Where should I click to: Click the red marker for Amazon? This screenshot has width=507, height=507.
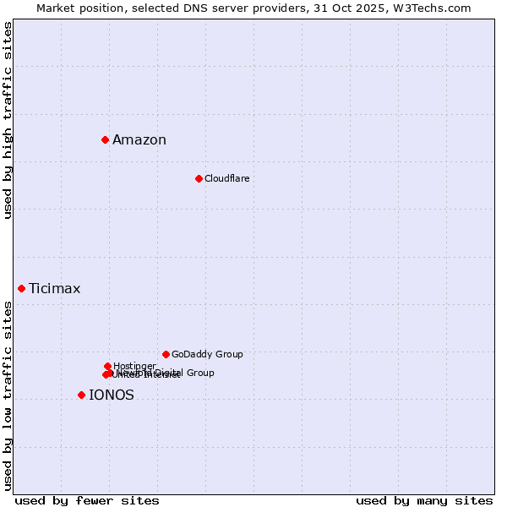coord(105,139)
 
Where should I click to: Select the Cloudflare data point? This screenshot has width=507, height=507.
coord(199,178)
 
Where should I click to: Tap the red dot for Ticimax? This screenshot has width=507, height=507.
coord(21,288)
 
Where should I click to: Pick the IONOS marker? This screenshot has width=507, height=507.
coord(81,395)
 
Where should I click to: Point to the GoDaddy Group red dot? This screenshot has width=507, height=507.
coord(166,354)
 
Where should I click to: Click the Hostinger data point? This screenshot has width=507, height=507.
coord(107,366)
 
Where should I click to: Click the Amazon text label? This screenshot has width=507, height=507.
coord(139,140)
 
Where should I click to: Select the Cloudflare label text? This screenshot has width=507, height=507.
coord(227,178)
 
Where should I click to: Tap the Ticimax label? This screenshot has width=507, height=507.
coord(55,289)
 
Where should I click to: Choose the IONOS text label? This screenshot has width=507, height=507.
coord(112,395)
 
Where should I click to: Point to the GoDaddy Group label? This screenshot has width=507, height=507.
coord(207,354)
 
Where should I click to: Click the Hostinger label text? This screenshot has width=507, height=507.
coord(135,365)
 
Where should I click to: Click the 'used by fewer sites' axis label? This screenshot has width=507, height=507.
coord(87,500)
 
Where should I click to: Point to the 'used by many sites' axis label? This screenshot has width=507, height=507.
coord(424,500)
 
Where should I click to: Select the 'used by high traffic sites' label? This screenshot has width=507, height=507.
coord(8,120)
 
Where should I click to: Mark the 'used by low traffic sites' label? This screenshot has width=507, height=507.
coord(8,395)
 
